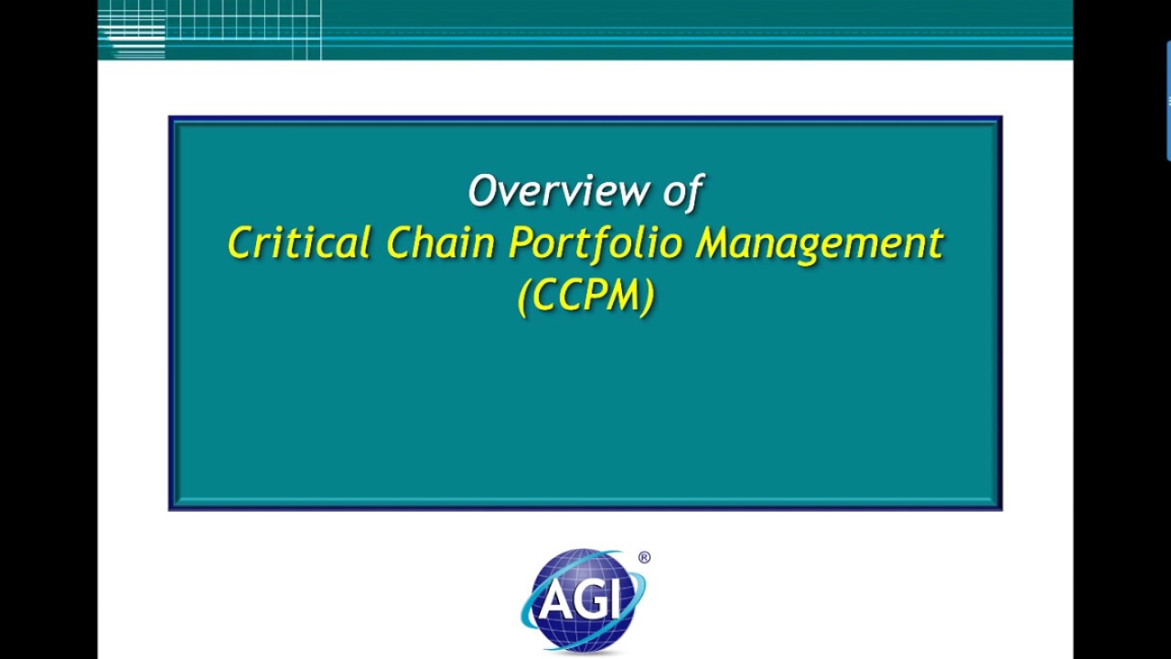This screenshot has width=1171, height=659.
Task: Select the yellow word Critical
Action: pos(298,243)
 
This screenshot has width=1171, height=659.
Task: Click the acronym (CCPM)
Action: pos(585,297)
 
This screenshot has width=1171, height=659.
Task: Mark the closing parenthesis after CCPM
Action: pos(648,297)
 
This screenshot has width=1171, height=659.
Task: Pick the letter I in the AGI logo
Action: pos(617,601)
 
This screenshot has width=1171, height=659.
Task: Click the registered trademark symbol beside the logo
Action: pos(644,557)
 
